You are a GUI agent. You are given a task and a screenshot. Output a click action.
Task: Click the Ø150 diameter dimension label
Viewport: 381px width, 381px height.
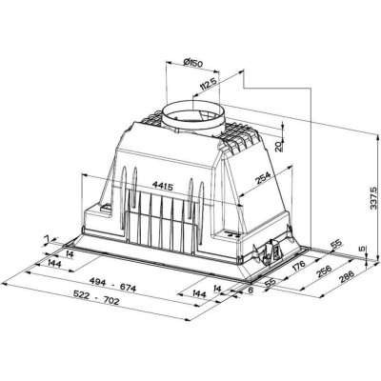194,65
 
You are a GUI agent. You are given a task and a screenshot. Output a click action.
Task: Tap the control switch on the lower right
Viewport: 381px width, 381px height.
271,250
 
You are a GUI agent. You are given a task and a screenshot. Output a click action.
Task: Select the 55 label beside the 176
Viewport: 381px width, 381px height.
271,285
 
